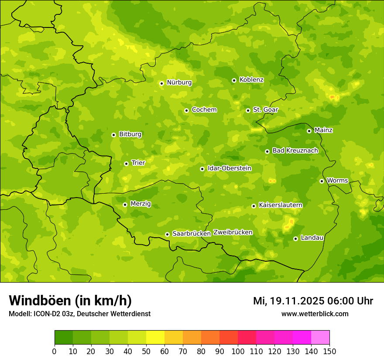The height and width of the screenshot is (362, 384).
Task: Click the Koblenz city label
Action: click(251, 80)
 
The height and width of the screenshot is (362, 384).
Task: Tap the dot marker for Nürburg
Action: click(161, 83)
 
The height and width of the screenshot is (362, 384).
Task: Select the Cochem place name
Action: click(204, 110)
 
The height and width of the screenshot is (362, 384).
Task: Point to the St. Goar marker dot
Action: click(248, 110)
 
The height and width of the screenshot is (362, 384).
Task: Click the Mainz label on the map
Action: click(323, 130)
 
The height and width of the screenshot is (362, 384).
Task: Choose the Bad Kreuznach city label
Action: click(295, 150)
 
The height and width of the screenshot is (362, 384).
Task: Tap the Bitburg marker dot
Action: click(113, 135)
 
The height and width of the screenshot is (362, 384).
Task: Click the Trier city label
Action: click(138, 163)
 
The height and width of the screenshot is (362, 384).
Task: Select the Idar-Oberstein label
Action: click(230, 168)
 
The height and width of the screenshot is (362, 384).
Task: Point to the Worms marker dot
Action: click(322, 181)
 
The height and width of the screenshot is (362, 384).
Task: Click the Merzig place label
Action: click(141, 204)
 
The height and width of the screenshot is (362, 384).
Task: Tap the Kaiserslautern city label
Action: click(281, 205)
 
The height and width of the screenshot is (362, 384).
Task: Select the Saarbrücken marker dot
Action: click(167, 234)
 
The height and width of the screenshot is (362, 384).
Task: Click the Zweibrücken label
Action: click(233, 232)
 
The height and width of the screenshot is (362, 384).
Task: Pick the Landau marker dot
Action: click(295, 239)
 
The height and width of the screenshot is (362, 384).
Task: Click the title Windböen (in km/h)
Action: click(70, 301)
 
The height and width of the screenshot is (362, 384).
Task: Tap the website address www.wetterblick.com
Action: click(315, 314)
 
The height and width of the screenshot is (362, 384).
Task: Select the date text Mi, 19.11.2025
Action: click(288, 301)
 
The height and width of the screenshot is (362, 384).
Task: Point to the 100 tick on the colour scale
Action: click(238, 351)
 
